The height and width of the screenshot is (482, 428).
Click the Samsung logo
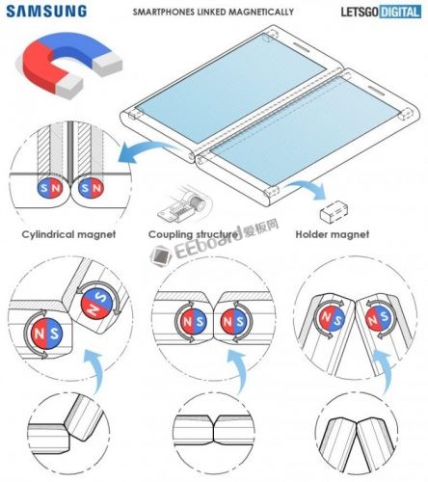pos(46,12)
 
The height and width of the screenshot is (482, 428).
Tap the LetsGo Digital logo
pos(381,12)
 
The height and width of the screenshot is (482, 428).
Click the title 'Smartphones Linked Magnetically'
pos(213,13)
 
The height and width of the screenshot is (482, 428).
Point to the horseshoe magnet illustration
pos(69,65)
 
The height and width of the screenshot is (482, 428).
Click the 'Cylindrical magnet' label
pos(68,234)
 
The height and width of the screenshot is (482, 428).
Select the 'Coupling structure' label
pos(194,234)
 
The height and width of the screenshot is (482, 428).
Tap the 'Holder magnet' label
pos(333,234)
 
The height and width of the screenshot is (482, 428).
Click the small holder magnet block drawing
pos(334,211)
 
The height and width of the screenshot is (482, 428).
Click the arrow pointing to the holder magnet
pos(308,187)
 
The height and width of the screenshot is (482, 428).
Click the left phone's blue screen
pos(229,88)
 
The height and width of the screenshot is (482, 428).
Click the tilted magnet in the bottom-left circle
pos(97,303)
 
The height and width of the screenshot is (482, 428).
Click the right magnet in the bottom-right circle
pos(380,319)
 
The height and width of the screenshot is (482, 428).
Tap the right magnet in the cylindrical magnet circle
pos(92,188)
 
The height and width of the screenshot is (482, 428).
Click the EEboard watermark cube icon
pos(161,255)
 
